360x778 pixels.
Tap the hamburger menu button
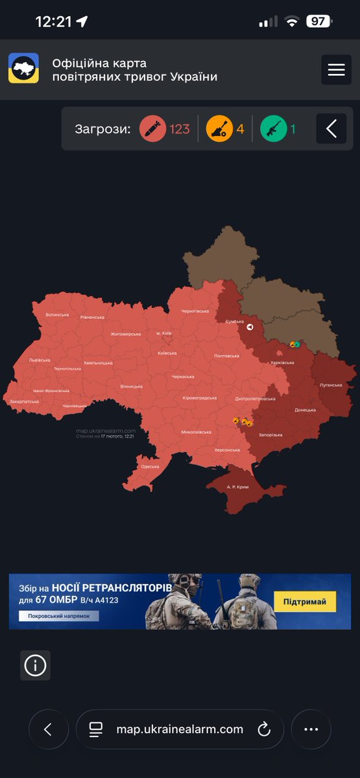point(336,70)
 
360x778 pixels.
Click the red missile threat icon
point(152,128)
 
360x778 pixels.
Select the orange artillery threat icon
point(219,128)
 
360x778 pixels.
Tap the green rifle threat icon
point(274,128)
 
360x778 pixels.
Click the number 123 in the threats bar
point(180,128)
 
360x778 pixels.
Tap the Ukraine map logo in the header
point(23,68)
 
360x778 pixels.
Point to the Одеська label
point(150,466)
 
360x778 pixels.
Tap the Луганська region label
point(331,384)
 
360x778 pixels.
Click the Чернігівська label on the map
point(195,311)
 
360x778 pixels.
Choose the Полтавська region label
point(227,356)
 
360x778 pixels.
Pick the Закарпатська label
point(24,401)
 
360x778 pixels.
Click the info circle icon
point(35,665)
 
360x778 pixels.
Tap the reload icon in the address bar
point(264,729)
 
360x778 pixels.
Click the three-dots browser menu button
point(311,729)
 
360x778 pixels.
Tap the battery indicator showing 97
point(318,21)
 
